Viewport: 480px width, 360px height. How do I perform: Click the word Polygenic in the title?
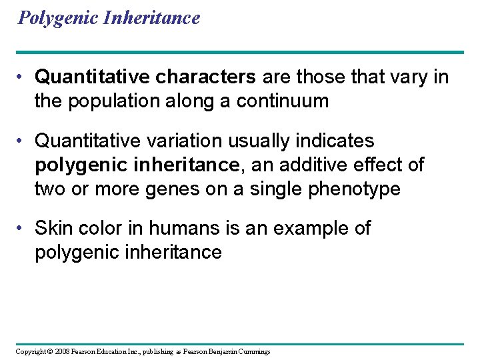coord(59,18)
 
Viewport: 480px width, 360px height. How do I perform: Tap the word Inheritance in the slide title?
coord(152,18)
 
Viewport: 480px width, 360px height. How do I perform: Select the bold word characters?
coord(206,77)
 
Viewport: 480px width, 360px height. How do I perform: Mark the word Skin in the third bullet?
coord(51,228)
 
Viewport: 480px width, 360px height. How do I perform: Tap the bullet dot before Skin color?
coord(24,229)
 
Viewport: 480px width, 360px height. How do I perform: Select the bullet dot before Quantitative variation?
coord(24,141)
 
